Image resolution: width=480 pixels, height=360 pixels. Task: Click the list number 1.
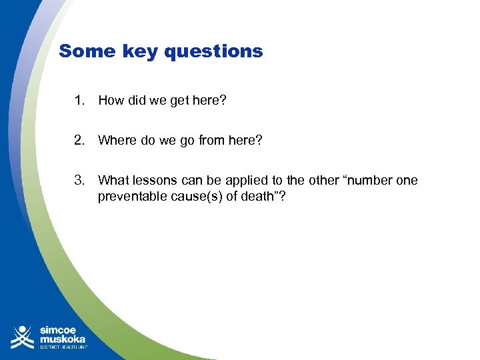[79, 101]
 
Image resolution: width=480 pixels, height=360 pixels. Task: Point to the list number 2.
[79, 141]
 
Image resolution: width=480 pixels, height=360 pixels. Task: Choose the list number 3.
[79, 180]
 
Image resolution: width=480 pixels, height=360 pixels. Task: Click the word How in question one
[111, 101]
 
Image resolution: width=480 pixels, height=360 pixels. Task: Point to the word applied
[248, 181]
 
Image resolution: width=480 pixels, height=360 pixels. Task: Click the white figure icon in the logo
[23, 337]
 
